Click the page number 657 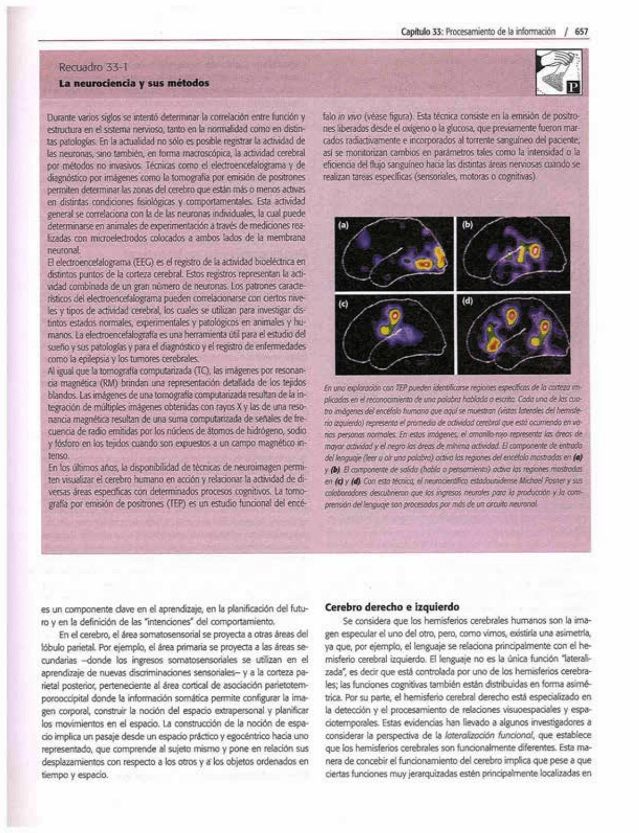581,32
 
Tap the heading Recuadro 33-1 93,69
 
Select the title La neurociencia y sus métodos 134,83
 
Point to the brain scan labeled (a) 394,254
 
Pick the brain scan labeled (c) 394,334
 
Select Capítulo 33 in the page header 420,32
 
